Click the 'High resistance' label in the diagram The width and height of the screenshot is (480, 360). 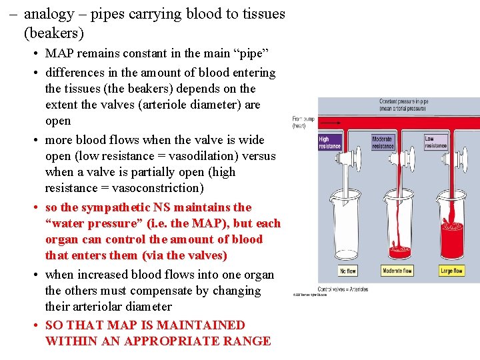pos(329,143)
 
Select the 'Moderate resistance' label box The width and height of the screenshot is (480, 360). pos(383,142)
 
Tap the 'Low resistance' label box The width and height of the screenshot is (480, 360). pos(436,142)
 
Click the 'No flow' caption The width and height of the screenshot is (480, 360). pos(348,271)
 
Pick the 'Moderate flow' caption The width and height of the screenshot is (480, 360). pos(397,271)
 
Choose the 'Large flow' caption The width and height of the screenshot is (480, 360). pos(452,271)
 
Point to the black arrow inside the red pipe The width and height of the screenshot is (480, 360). pos(333,123)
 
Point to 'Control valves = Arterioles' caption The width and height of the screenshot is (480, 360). pos(343,289)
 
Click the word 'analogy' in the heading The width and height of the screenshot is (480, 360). pos(47,13)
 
